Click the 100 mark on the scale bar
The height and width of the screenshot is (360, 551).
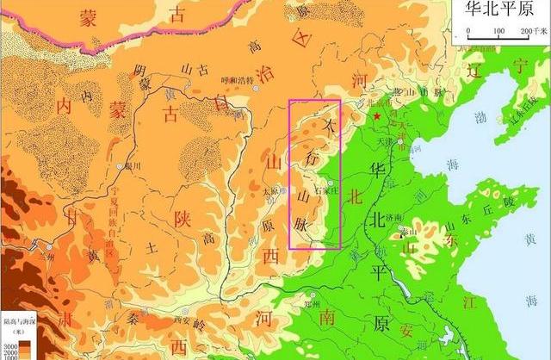[x=498, y=31]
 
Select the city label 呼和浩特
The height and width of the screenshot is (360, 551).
[x=238, y=81]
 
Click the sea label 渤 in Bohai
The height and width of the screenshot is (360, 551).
[x=475, y=114]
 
